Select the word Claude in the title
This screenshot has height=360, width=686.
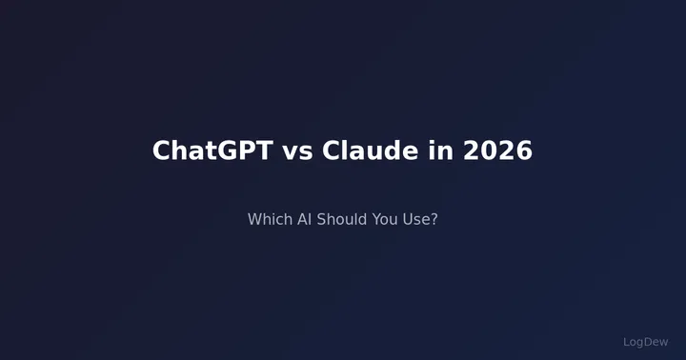pyautogui.click(x=370, y=150)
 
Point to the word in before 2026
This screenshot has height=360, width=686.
pyautogui.click(x=441, y=150)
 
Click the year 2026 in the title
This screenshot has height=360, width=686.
pyautogui.click(x=498, y=150)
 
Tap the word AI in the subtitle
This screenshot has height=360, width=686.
pyautogui.click(x=306, y=219)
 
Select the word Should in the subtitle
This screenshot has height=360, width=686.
pyautogui.click(x=345, y=219)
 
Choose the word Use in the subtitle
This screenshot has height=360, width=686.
pyautogui.click(x=418, y=219)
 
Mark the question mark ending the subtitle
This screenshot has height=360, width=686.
pyautogui.click(x=434, y=219)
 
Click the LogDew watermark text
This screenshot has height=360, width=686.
pyautogui.click(x=646, y=341)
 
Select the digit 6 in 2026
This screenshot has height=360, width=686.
pyautogui.click(x=523, y=150)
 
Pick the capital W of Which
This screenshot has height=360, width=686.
pyautogui.click(x=255, y=219)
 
